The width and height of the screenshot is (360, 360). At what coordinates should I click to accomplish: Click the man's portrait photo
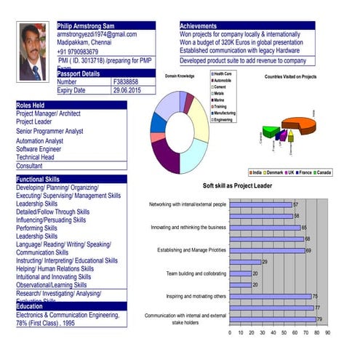point(35,52)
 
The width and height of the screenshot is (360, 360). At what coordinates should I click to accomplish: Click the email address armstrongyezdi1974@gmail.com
point(97,34)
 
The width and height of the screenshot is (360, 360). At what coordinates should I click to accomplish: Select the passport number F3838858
point(125,82)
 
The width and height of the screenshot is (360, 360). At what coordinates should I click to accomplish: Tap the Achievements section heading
point(198,26)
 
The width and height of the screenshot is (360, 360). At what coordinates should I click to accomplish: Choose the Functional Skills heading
point(38,179)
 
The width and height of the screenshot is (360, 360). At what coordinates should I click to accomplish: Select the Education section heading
point(30,306)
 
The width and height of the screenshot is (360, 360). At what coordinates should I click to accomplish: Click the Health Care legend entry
point(222,73)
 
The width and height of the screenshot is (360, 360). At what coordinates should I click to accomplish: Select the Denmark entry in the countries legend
point(274,172)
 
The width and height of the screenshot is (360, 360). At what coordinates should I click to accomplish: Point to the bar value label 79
point(319,319)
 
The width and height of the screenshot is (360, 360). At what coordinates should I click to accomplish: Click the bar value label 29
point(265,262)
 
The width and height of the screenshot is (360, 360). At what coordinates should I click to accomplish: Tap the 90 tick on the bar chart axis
point(327,332)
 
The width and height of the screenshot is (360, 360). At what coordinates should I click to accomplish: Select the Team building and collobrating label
point(196,273)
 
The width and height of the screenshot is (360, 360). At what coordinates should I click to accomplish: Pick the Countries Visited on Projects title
point(290,76)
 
